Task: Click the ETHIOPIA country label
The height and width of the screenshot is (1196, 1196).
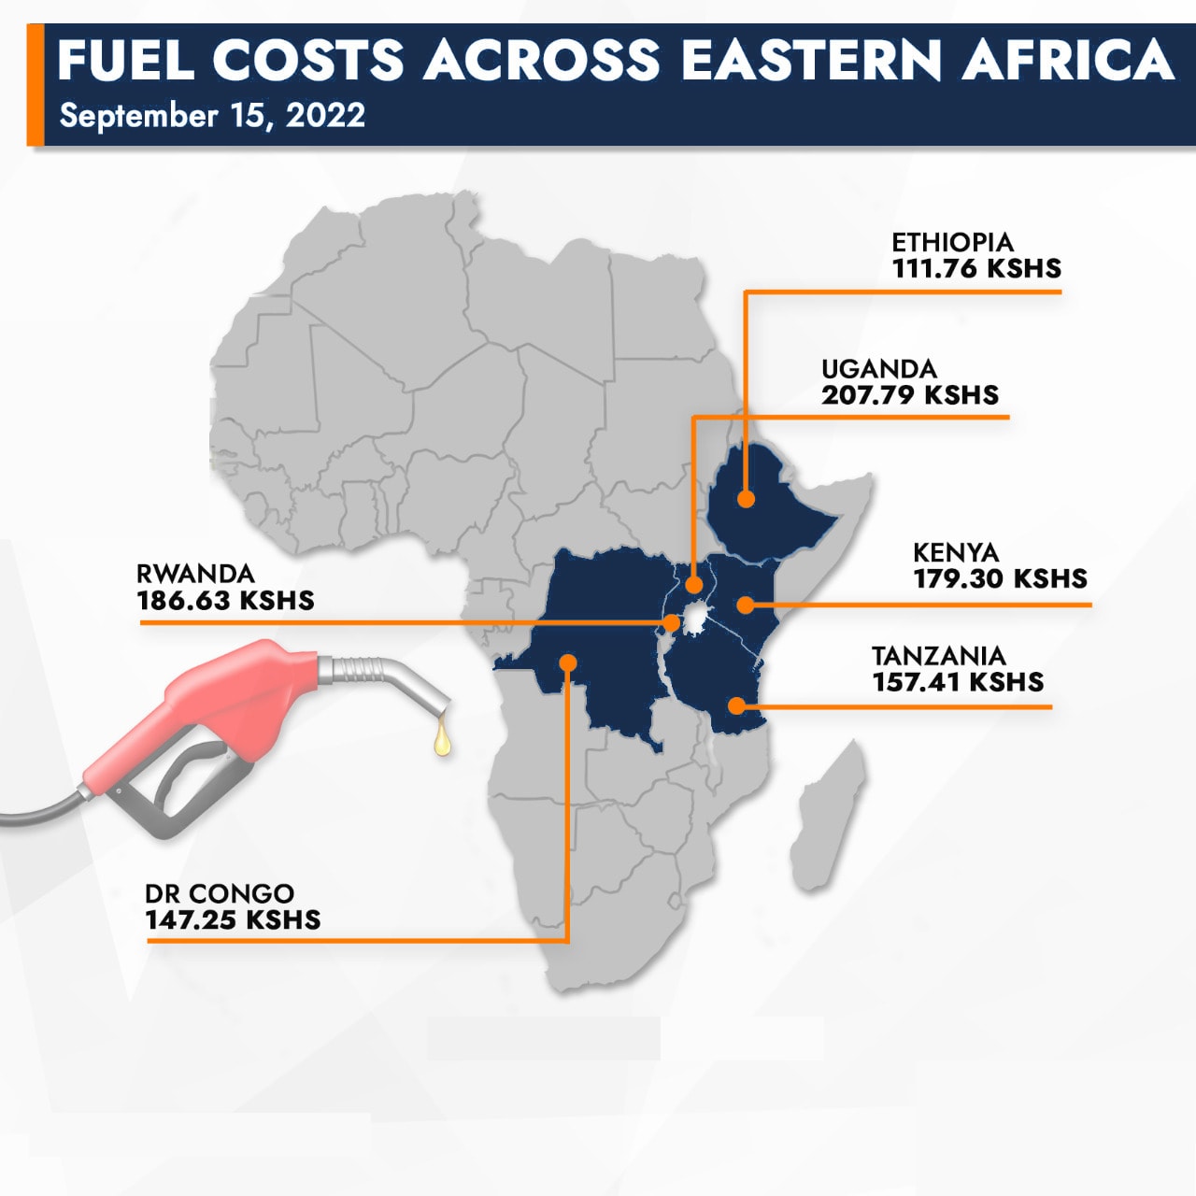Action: [x=951, y=243]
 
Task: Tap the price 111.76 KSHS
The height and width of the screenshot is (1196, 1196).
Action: [x=976, y=269]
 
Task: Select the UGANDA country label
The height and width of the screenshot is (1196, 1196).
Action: [x=878, y=369]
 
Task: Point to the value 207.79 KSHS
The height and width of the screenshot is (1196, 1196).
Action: [x=910, y=395]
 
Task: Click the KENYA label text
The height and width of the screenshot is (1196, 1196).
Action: [x=956, y=553]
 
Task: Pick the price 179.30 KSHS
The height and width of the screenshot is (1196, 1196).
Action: [x=1000, y=579]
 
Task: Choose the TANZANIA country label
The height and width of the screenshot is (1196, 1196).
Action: [x=938, y=656]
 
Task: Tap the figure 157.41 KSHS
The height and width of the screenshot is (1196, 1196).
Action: [x=958, y=682]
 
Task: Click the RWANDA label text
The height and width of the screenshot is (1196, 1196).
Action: [x=195, y=574]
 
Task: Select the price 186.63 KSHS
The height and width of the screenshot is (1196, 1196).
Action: [x=225, y=601]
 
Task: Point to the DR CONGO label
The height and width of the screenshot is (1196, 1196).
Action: [x=220, y=894]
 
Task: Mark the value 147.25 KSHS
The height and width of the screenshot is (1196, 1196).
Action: [x=233, y=920]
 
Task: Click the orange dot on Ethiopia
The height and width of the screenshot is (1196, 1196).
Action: [x=745, y=499]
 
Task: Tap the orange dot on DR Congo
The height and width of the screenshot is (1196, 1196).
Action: [x=568, y=662]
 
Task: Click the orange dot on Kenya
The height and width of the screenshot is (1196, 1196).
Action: [x=745, y=605]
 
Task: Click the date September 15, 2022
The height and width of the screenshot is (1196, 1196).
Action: [x=212, y=116]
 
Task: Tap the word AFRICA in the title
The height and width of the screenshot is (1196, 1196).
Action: [x=1067, y=60]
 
